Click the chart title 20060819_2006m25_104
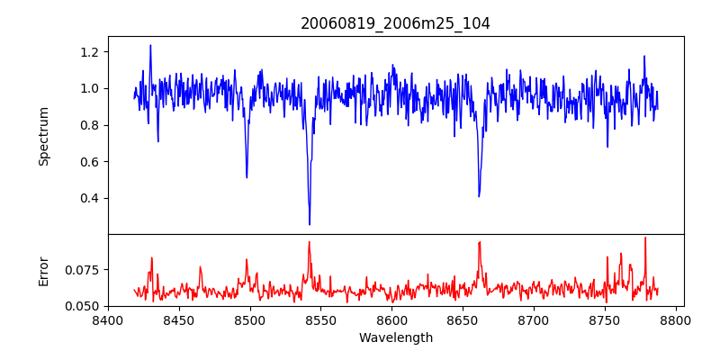coord(395,23)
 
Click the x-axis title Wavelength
coord(395,338)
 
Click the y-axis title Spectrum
coord(43,136)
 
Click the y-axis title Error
coord(43,271)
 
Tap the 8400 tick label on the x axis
coord(108,319)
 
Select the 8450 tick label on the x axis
coord(179,319)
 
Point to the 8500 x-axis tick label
coord(250,319)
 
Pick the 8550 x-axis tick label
coord(321,319)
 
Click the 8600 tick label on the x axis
coord(392,319)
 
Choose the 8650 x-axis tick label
coord(463,319)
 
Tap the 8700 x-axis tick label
coord(535,319)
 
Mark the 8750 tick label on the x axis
coord(606,319)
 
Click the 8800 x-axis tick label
coord(677,319)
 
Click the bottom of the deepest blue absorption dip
coord(310,224)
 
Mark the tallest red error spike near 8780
coord(645,238)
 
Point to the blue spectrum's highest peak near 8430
coord(150,45)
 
